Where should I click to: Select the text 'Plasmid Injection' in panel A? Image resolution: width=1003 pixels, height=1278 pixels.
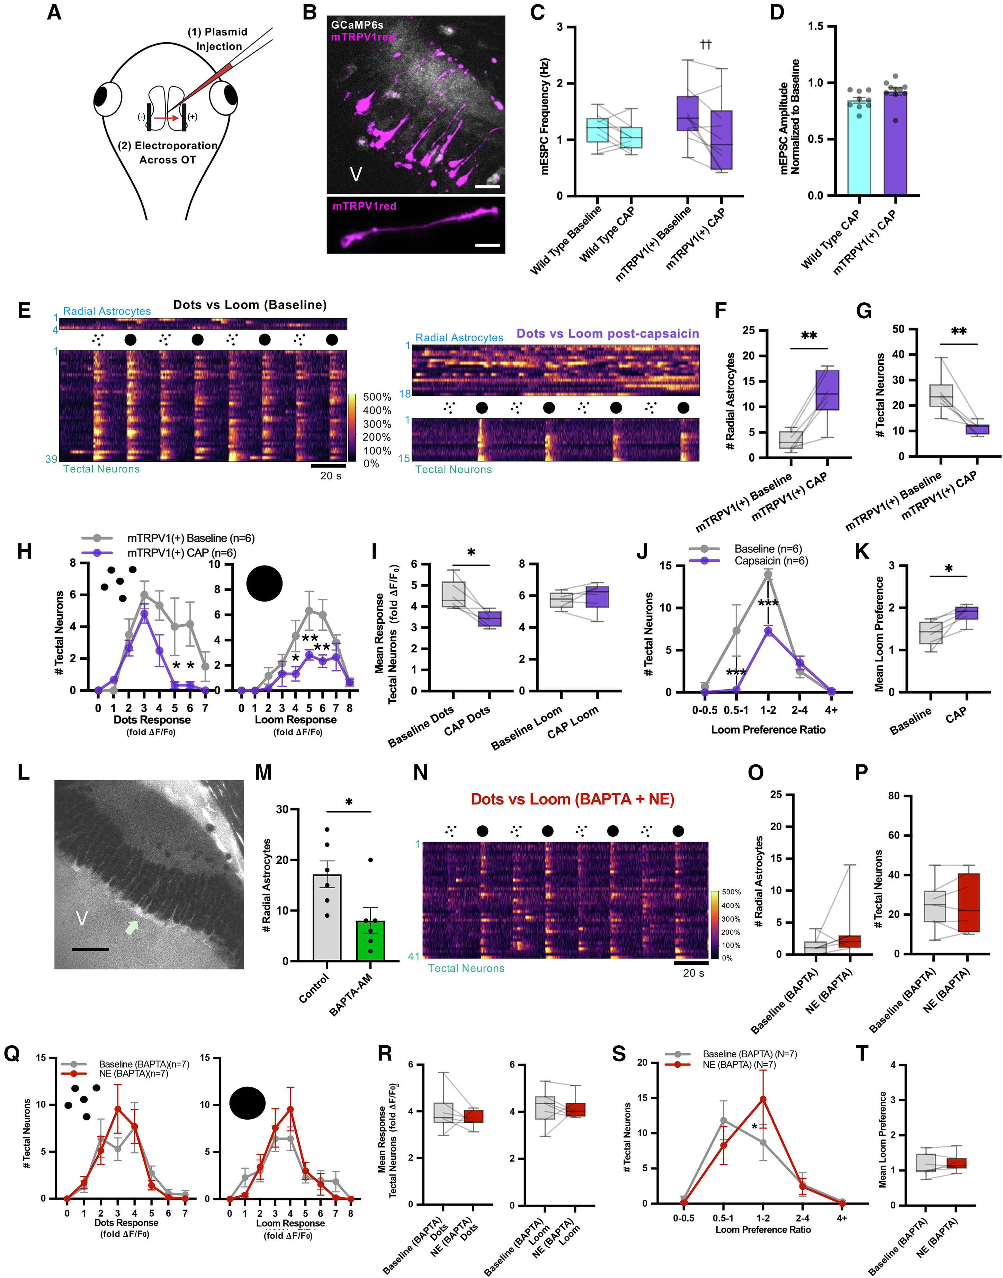coord(218,39)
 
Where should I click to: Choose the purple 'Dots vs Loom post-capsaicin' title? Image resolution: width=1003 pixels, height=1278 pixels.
coord(608,334)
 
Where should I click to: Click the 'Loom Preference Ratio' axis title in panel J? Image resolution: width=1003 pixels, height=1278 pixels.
coord(768,729)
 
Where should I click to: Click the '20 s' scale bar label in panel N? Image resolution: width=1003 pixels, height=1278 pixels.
coord(693,973)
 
